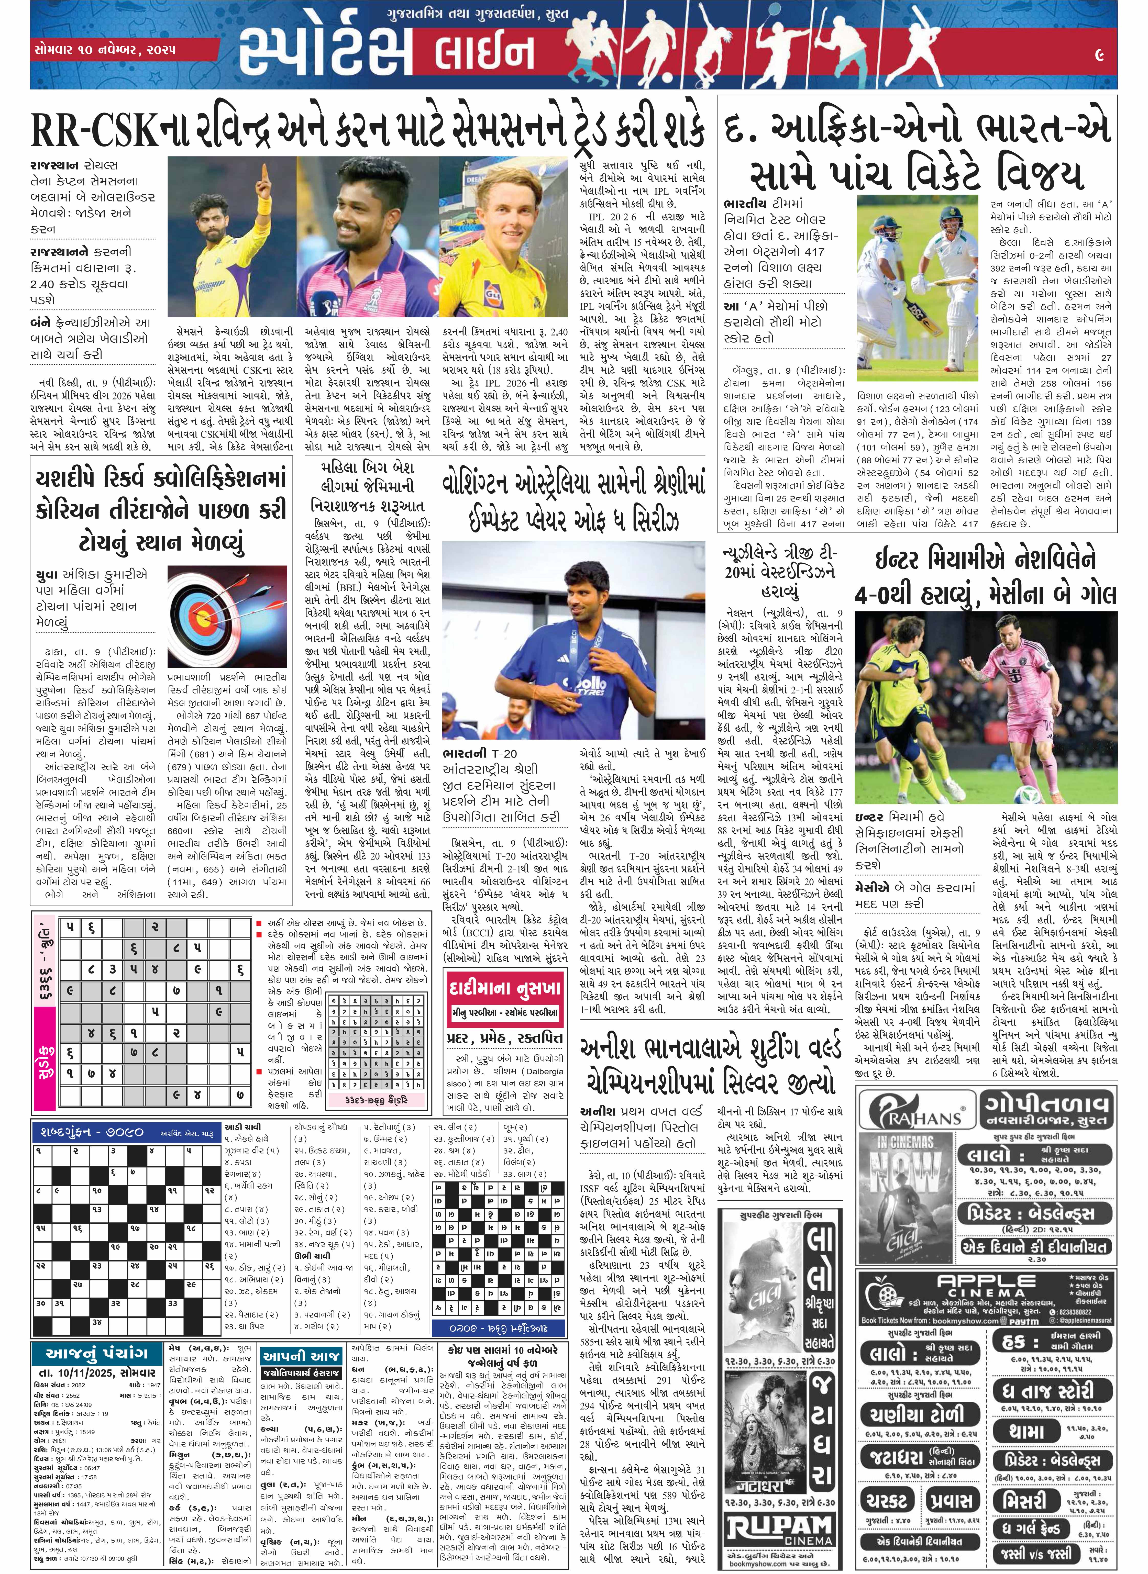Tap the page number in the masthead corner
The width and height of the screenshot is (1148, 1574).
tap(1099, 54)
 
